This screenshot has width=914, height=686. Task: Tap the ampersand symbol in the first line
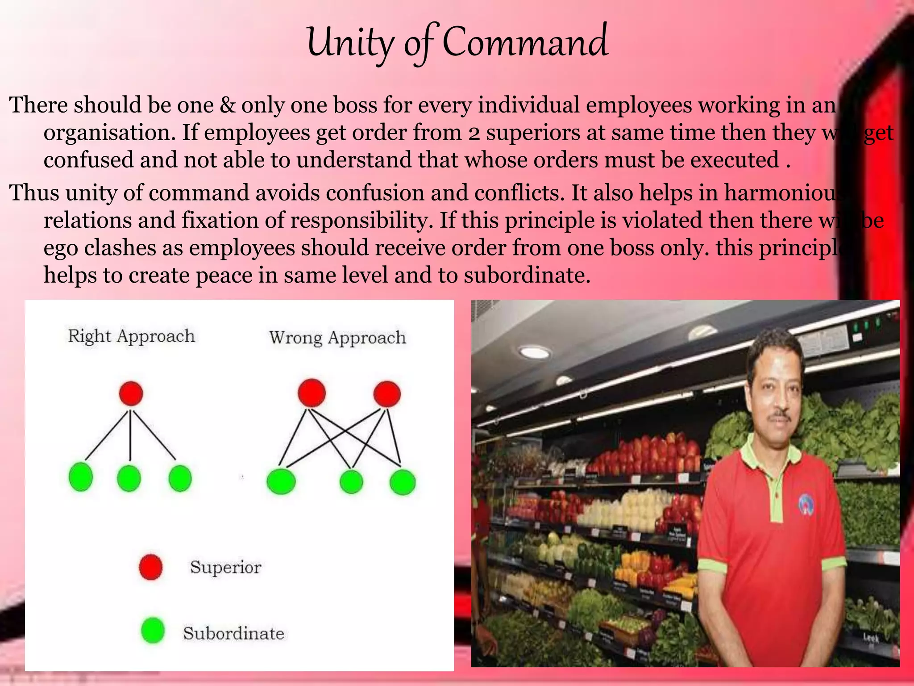pyautogui.click(x=228, y=105)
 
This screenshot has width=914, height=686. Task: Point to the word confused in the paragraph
pyautogui.click(x=88, y=160)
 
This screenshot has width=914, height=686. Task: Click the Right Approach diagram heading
pyautogui.click(x=131, y=336)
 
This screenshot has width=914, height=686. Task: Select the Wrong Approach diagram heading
pyautogui.click(x=337, y=338)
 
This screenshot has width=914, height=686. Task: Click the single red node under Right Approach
pyautogui.click(x=131, y=393)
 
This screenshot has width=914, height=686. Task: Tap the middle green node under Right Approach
pyautogui.click(x=129, y=478)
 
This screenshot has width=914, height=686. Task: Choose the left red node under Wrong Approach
pyautogui.click(x=312, y=393)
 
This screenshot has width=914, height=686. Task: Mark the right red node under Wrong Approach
pyautogui.click(x=387, y=394)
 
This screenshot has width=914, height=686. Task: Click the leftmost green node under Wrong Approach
pyautogui.click(x=281, y=481)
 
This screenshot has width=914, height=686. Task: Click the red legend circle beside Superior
pyautogui.click(x=150, y=567)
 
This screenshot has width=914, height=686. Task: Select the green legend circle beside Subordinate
pyautogui.click(x=153, y=630)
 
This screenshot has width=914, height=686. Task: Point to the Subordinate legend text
pyautogui.click(x=233, y=633)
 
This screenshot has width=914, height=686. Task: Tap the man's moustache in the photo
pyautogui.click(x=781, y=415)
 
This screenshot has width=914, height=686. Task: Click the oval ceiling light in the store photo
pyautogui.click(x=535, y=352)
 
